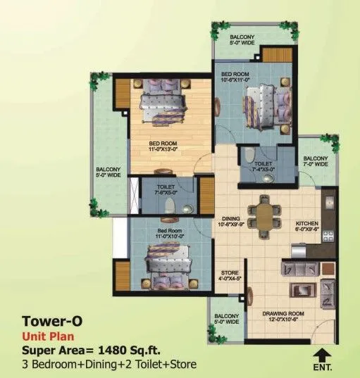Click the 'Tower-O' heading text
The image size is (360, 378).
click(53, 321)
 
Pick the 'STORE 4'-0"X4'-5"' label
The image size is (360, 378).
click(230, 275)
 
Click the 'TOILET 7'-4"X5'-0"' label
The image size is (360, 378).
click(258, 166)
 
